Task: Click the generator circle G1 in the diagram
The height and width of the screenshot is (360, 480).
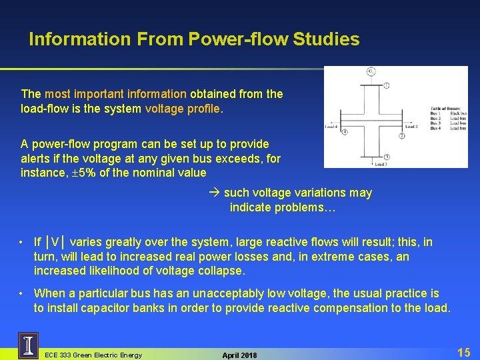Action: point(370,72)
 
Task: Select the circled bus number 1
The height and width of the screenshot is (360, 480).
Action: point(387,85)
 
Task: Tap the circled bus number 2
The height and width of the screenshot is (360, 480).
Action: point(403,136)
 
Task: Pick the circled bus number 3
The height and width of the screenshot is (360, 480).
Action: point(387,157)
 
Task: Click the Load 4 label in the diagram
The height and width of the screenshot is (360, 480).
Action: point(332,126)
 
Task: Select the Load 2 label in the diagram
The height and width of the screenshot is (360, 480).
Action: point(411,126)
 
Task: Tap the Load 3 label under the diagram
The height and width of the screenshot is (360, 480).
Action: point(381,164)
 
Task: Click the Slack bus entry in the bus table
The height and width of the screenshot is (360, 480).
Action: point(458,113)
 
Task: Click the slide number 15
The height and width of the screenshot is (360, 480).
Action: point(464,352)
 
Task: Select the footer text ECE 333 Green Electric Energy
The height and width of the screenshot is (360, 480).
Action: point(93,355)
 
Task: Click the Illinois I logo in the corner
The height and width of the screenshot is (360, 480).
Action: point(28,345)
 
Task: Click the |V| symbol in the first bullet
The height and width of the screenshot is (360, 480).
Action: point(57,242)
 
